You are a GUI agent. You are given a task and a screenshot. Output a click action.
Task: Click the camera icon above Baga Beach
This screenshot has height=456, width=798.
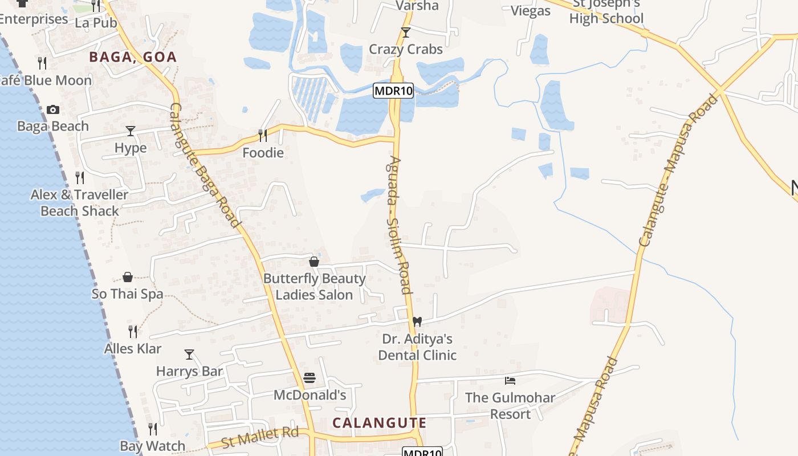(x=53, y=109)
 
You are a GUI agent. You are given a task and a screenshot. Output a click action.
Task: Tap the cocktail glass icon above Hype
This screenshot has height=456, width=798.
(x=131, y=131)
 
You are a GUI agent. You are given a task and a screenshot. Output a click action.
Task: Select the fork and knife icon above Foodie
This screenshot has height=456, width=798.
(x=263, y=136)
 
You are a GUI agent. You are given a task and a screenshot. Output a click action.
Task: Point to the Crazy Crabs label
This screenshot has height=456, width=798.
(x=405, y=49)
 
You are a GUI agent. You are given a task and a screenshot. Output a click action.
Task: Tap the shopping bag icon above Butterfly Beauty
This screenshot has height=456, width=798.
(x=314, y=262)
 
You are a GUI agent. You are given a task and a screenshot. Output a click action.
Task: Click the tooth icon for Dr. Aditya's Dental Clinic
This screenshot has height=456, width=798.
(x=417, y=321)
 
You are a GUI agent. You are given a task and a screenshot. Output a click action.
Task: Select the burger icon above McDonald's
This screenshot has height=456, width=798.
(x=310, y=377)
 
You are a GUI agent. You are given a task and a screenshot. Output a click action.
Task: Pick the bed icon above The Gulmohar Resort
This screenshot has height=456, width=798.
(x=510, y=380)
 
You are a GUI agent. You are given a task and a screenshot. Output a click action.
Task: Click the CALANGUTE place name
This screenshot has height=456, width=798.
(x=379, y=423)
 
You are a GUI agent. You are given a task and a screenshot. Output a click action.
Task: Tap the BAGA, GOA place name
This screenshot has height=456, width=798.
(x=133, y=57)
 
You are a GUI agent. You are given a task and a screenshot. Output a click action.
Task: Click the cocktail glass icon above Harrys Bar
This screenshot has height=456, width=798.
(x=189, y=354)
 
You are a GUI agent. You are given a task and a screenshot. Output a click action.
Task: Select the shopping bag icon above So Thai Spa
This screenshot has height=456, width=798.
(x=128, y=278)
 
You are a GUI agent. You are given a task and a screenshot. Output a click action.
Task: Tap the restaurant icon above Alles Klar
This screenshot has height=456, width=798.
(x=133, y=331)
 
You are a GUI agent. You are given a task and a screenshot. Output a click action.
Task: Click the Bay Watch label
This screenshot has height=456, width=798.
(x=152, y=446)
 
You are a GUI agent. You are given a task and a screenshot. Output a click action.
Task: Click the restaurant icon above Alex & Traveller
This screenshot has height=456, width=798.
(x=80, y=178)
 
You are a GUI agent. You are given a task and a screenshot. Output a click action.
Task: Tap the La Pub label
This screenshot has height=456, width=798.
(x=96, y=22)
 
